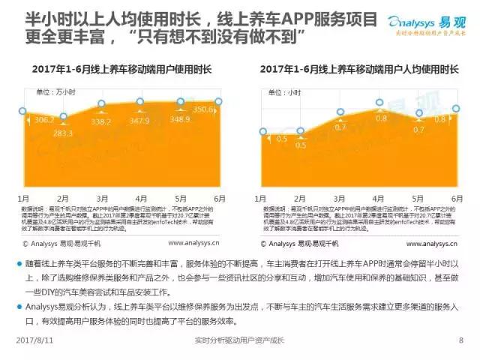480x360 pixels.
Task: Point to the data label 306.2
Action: point(43,121)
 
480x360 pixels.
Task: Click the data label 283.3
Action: point(62,133)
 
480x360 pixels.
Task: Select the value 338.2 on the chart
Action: point(101,121)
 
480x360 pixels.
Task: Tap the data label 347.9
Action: point(139,120)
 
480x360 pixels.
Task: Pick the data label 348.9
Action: point(180,119)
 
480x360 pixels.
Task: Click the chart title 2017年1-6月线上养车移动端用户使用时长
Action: point(121,69)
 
